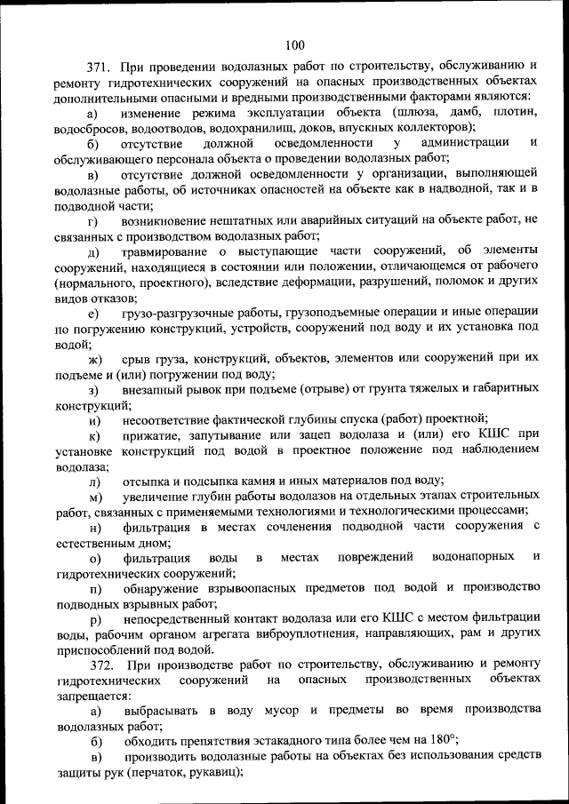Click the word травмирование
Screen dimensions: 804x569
(166, 251)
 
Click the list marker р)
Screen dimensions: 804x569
(93, 617)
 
